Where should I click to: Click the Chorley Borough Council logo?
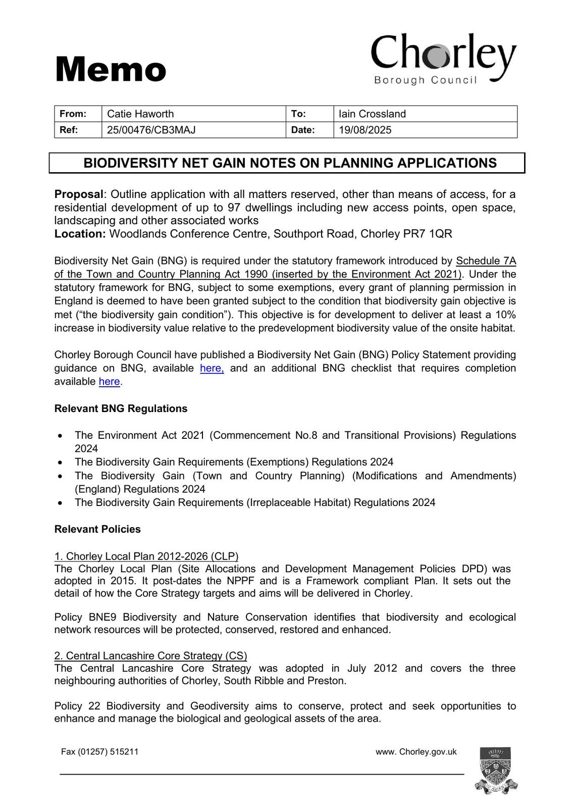(444, 59)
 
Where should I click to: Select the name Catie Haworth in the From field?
(140, 114)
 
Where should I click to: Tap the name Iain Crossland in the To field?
(372, 114)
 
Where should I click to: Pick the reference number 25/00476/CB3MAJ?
(151, 130)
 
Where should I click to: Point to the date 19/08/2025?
(365, 130)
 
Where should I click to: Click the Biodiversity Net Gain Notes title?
(290, 163)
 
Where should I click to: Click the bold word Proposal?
(79, 194)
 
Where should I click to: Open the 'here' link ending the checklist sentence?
(109, 381)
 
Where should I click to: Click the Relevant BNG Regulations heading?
(121, 409)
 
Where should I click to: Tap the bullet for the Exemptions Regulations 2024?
(61, 462)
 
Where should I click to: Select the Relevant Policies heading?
(97, 529)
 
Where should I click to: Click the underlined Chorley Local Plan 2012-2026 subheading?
(146, 556)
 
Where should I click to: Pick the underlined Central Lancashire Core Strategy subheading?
(150, 655)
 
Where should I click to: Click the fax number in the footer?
(99, 751)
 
